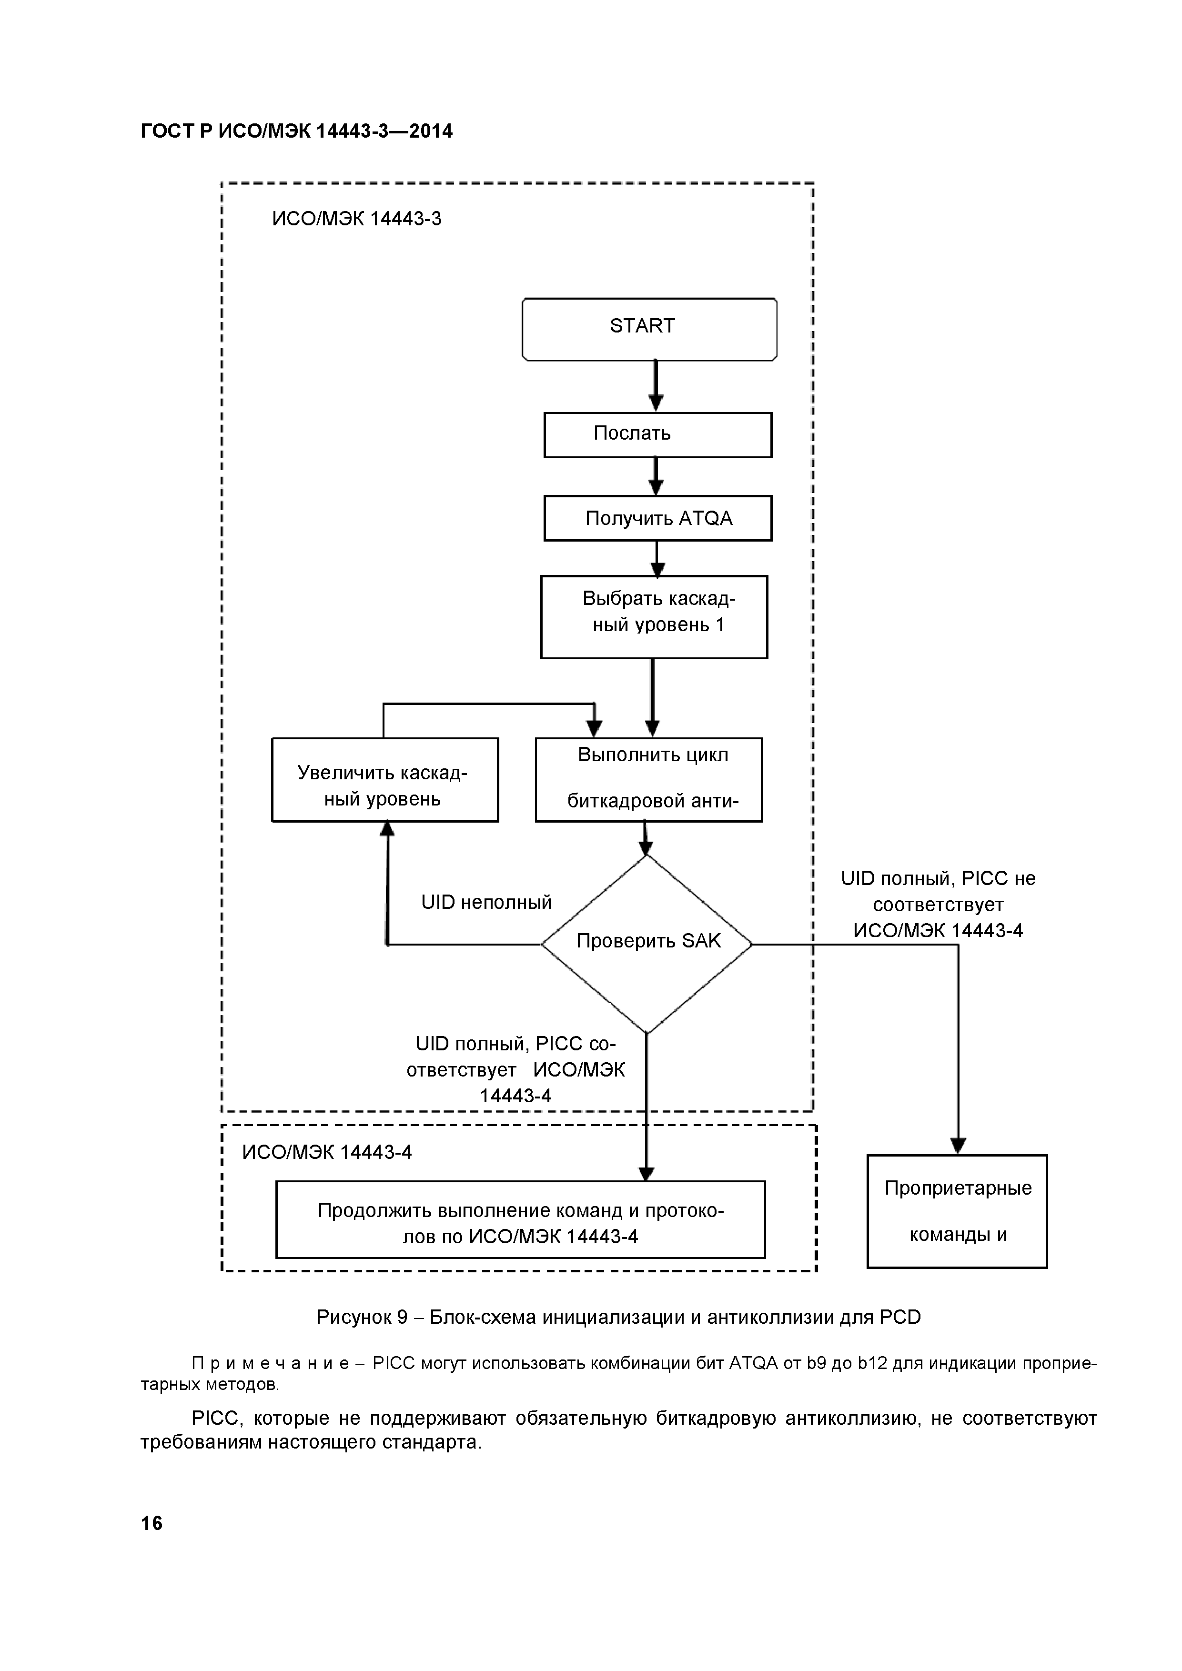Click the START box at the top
pos(649,329)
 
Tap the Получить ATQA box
pos(657,518)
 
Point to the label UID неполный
pos(486,903)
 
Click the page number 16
pos(152,1523)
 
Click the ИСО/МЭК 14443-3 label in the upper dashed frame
pos(357,219)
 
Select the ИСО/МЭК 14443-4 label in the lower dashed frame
pos(327,1152)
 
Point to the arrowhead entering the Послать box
pos(656,404)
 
